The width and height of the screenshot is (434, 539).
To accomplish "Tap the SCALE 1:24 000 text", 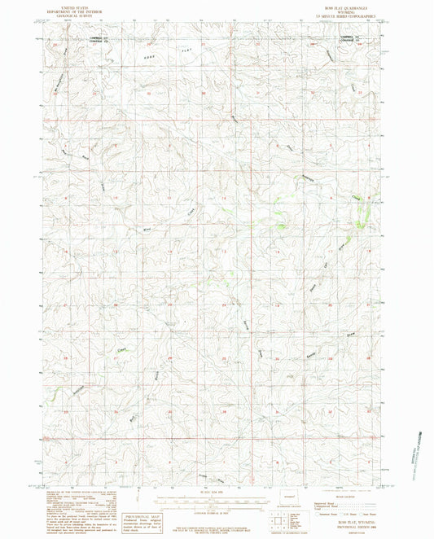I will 217,491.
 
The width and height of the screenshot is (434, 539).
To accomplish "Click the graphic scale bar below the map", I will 217,498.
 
